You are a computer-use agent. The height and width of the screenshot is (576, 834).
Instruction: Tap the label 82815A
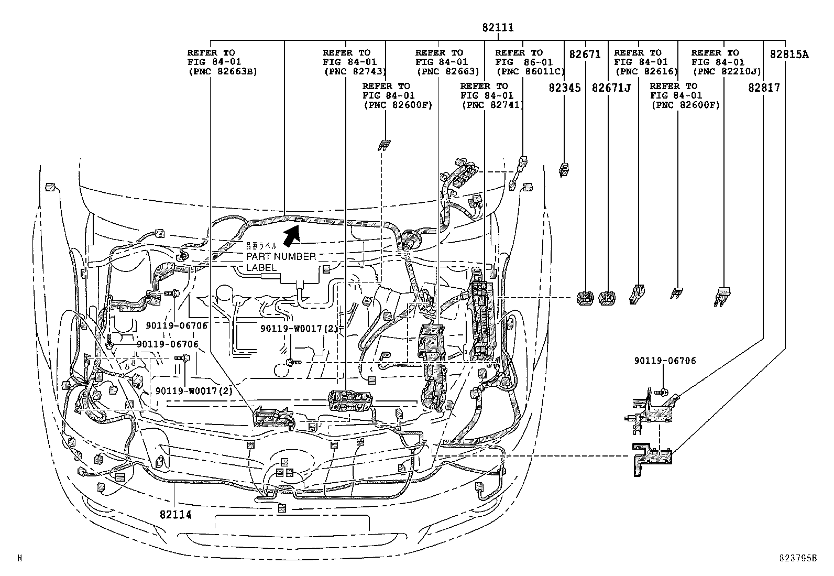pyautogui.click(x=788, y=54)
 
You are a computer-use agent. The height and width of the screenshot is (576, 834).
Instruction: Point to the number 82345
pyautogui.click(x=565, y=88)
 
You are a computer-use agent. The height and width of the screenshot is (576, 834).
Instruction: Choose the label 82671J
pyautogui.click(x=611, y=88)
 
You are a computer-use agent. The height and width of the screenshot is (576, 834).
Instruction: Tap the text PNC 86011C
pyautogui.click(x=530, y=72)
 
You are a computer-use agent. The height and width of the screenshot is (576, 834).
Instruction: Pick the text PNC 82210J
pyautogui.click(x=726, y=72)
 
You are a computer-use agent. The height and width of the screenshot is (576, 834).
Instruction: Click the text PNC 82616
pyautogui.click(x=645, y=72)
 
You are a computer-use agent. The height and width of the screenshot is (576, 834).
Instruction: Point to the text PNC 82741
pyautogui.click(x=492, y=105)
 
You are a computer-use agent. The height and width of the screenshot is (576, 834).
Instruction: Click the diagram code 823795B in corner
pyautogui.click(x=797, y=559)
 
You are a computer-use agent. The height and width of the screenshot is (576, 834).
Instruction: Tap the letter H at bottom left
pyautogui.click(x=19, y=559)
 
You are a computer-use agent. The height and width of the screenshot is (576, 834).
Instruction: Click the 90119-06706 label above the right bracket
pyautogui.click(x=665, y=361)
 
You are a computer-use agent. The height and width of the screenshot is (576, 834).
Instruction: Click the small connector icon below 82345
pyautogui.click(x=565, y=170)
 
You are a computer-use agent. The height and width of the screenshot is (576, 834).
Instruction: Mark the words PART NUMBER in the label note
pyautogui.click(x=281, y=257)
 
